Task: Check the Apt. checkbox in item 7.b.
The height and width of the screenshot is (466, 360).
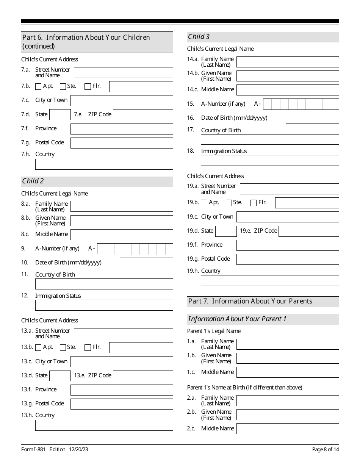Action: pyautogui.click(x=38, y=86)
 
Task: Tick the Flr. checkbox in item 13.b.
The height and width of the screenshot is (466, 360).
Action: pyautogui.click(x=88, y=347)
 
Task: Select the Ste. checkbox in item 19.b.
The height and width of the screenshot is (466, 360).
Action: pyautogui.click(x=229, y=203)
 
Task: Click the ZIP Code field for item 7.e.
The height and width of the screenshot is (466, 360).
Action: pyautogui.click(x=143, y=115)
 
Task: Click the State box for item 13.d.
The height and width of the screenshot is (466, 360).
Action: pyautogui.click(x=60, y=376)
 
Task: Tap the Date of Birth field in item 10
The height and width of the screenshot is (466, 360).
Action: pyautogui.click(x=146, y=263)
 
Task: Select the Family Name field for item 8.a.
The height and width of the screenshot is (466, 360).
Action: pyautogui.click(x=122, y=206)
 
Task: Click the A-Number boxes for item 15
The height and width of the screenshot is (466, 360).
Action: pyautogui.click(x=301, y=104)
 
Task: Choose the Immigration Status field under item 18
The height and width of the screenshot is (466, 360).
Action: pyautogui.click(x=270, y=161)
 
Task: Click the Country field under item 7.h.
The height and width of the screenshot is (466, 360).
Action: pyautogui.click(x=104, y=164)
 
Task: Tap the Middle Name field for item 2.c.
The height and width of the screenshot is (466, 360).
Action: pyautogui.click(x=288, y=428)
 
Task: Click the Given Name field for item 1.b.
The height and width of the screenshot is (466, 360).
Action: pyautogui.click(x=288, y=358)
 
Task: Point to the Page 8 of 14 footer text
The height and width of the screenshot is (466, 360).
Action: pyautogui.click(x=325, y=449)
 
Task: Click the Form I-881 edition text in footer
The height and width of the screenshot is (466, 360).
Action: pyautogui.click(x=55, y=449)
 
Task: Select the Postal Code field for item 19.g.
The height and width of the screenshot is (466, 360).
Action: pyautogui.click(x=288, y=259)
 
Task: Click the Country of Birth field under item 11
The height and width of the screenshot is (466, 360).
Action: pyautogui.click(x=104, y=284)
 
